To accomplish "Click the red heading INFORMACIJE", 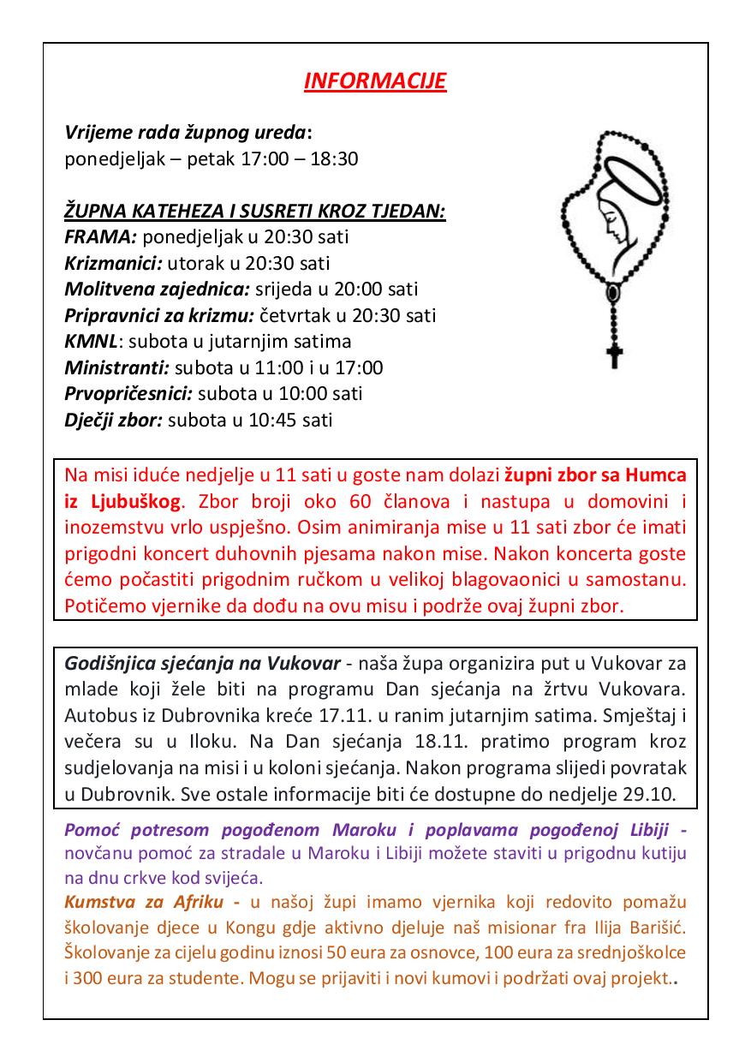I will (375, 81).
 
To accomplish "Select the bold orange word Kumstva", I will (98, 903).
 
